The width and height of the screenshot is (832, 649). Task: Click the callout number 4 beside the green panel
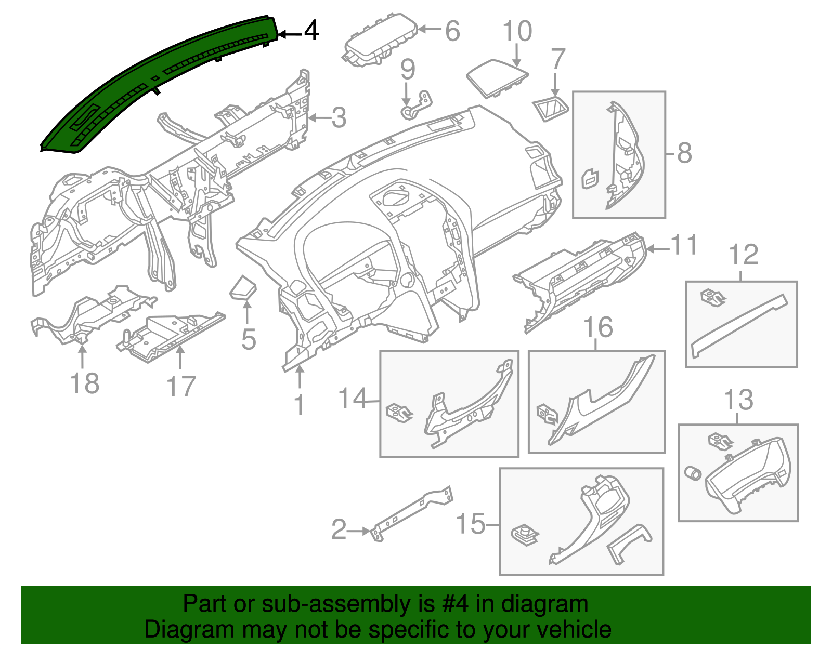coord(311,31)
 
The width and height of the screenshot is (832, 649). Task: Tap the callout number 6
coord(452,31)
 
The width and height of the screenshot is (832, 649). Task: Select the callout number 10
coord(517,31)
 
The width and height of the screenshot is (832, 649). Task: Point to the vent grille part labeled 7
coord(551,108)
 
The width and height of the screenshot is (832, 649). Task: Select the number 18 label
coord(84,384)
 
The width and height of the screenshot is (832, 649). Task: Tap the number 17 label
coord(181,387)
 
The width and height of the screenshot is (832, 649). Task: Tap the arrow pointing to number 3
coord(319,118)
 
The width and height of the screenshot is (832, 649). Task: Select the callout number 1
coord(300,405)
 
